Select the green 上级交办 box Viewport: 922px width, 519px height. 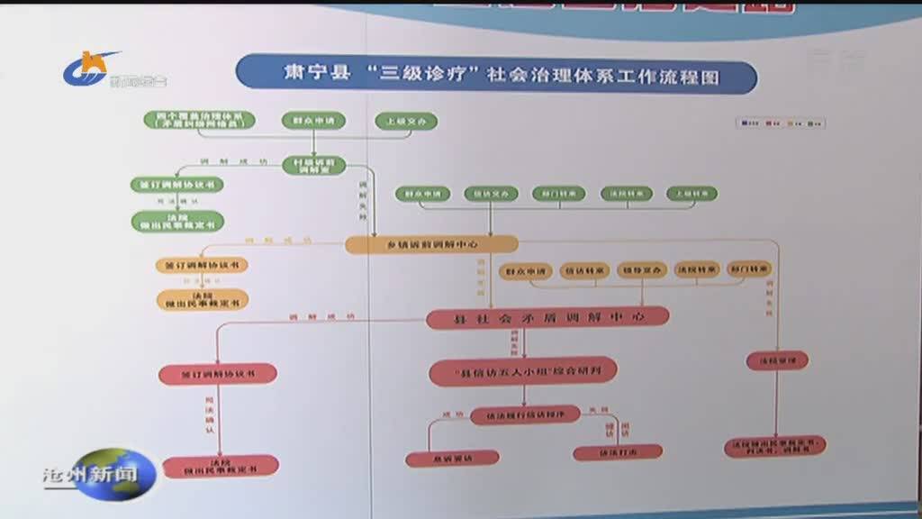click(406, 122)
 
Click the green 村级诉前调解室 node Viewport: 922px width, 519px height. click(313, 165)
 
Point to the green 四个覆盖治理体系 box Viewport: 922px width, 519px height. click(200, 121)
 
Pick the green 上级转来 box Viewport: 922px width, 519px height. click(691, 193)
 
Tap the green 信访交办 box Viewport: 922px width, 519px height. click(491, 193)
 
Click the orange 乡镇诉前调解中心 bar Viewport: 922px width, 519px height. click(432, 244)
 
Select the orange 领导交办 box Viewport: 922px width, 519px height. click(642, 269)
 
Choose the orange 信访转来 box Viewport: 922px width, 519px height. click(584, 269)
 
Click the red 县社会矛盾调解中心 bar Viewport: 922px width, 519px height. click(547, 317)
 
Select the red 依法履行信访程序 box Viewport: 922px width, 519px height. click(525, 414)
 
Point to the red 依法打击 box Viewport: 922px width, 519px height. click(618, 451)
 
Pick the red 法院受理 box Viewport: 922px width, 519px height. click(777, 360)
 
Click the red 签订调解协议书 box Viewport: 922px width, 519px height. click(217, 372)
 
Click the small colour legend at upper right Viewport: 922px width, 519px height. click(780, 123)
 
